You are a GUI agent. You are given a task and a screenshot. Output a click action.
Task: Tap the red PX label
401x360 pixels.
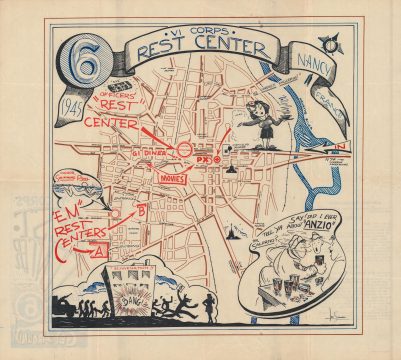pos(203,158)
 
